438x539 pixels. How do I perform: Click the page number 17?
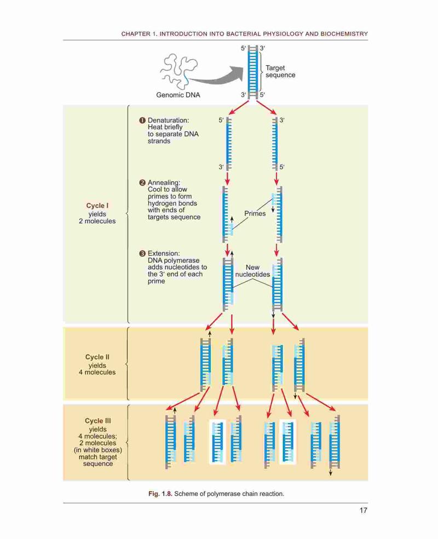pos(364,511)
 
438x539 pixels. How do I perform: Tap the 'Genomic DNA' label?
pos(178,95)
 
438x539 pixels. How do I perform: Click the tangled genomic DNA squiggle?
pos(179,72)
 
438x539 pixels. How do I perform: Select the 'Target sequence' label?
pos(280,72)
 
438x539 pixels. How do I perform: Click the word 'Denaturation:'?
pos(168,120)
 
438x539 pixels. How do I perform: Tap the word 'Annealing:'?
pos(164,183)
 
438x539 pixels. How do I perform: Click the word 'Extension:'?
pos(164,253)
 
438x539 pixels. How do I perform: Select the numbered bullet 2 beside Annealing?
pos(142,183)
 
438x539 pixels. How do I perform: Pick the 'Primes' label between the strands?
pos(255,213)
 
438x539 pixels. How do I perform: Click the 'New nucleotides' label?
pos(253,271)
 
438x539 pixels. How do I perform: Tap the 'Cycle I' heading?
pos(97,206)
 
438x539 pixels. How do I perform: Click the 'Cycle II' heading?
pos(97,357)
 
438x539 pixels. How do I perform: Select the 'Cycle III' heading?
pos(98,421)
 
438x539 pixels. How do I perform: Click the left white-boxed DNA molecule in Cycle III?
pos(217,442)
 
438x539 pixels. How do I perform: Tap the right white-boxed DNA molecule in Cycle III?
pos(288,442)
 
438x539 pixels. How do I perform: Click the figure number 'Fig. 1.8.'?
pos(160,494)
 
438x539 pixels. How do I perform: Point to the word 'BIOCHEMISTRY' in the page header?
pos(344,34)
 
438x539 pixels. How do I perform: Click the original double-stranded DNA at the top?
pos(253,72)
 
